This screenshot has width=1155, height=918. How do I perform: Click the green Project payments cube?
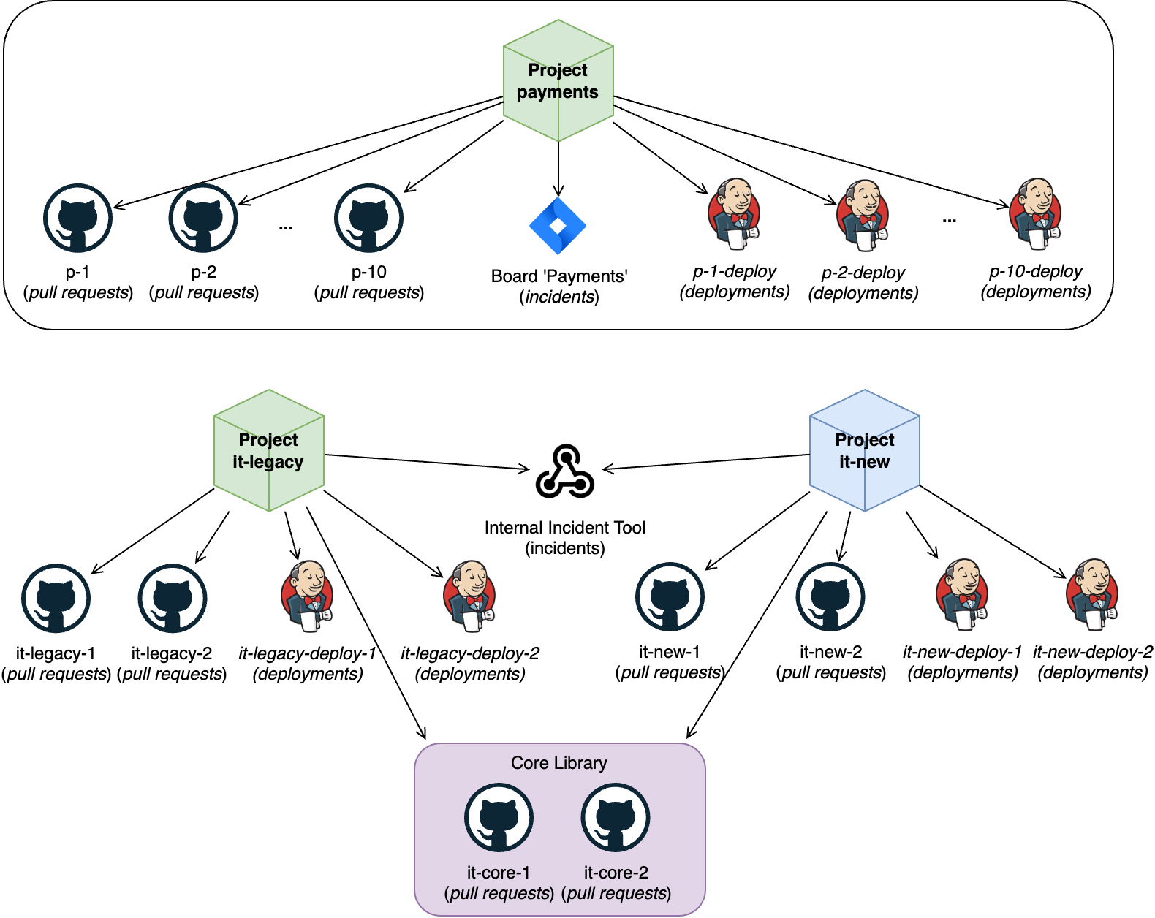[558, 81]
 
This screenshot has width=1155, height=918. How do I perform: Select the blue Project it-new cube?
[864, 450]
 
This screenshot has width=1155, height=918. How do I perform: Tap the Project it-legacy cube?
[268, 450]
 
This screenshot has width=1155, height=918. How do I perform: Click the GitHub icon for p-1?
[77, 219]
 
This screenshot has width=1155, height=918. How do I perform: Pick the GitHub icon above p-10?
[368, 219]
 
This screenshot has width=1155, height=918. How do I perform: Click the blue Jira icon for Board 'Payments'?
[558, 226]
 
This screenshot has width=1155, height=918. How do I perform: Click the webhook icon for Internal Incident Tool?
[565, 472]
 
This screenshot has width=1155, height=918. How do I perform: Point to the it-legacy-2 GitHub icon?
[173, 599]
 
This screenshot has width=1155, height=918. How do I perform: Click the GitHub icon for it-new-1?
[670, 597]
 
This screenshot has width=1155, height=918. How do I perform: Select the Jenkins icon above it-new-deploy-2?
[1093, 594]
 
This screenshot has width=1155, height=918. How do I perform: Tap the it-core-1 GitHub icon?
[499, 818]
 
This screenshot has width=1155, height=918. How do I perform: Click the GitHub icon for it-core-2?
[616, 818]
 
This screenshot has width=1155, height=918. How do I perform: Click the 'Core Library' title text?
[559, 763]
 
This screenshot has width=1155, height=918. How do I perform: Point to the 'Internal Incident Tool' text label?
[565, 528]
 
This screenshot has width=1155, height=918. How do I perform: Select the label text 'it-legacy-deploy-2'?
[470, 653]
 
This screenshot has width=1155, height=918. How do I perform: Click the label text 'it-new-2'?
[830, 652]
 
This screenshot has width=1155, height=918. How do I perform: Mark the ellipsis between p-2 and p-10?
[286, 227]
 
